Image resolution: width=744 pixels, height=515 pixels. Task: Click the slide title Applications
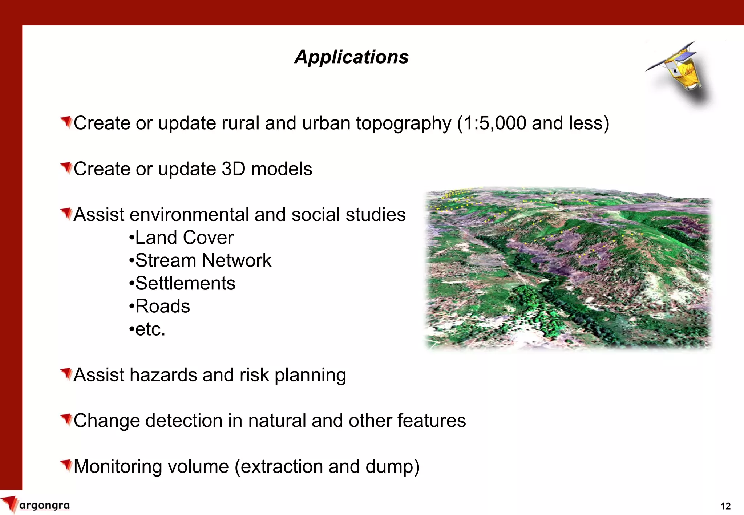351,57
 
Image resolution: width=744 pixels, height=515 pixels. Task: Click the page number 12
725,506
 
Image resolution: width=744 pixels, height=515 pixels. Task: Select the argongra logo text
44,505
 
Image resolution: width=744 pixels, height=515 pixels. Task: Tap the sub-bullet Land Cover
181,238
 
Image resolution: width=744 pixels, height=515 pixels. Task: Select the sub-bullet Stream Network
200,260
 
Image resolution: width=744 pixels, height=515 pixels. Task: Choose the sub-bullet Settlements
182,283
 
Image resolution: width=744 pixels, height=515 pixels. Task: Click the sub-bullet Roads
160,306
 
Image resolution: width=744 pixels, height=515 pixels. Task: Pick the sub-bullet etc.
147,329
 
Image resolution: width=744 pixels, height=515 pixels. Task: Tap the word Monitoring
118,467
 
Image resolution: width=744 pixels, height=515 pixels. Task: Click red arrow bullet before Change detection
66,420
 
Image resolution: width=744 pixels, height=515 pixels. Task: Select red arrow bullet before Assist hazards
66,374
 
